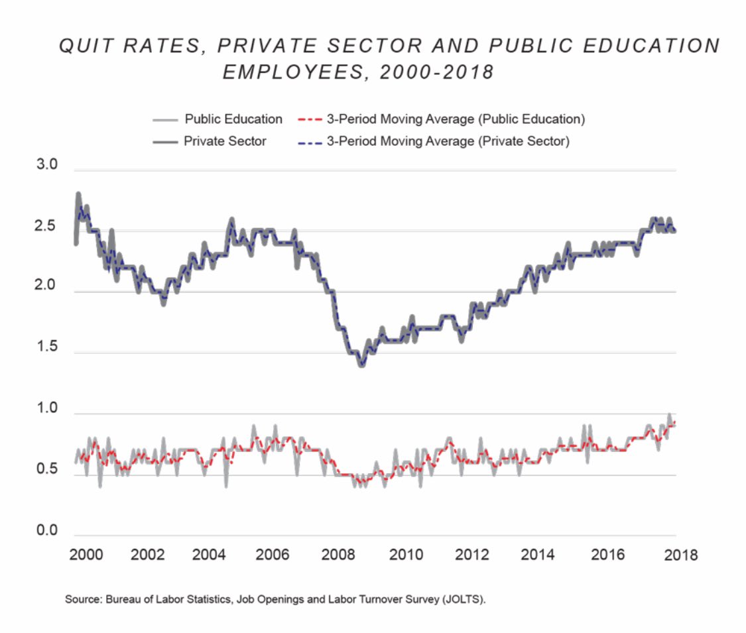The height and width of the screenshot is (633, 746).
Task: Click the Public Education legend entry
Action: (x=233, y=119)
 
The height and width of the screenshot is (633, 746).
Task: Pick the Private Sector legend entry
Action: (x=225, y=141)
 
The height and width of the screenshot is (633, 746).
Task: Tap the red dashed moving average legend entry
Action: (x=455, y=119)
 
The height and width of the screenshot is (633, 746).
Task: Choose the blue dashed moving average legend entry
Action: (x=448, y=141)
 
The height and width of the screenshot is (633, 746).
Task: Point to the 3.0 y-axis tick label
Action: (x=48, y=164)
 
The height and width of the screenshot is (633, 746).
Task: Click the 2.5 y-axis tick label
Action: (x=48, y=226)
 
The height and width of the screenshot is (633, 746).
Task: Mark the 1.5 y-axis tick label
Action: (x=48, y=348)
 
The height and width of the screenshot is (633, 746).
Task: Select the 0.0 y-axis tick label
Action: (x=48, y=531)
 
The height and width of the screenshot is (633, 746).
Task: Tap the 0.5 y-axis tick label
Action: (x=48, y=470)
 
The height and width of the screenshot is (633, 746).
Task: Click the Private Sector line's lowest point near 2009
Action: (x=361, y=365)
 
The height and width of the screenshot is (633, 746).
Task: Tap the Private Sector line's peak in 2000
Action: (x=78, y=194)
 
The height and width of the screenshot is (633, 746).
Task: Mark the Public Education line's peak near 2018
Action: (x=669, y=415)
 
